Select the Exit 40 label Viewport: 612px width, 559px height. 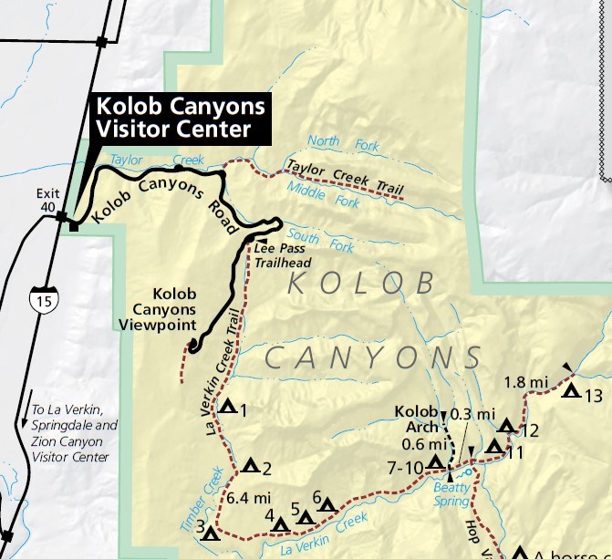(x=47, y=200)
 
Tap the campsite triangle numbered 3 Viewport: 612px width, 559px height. (x=211, y=533)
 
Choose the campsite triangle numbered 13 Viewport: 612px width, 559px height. (x=571, y=392)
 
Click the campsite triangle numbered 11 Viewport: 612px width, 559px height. (x=494, y=446)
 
